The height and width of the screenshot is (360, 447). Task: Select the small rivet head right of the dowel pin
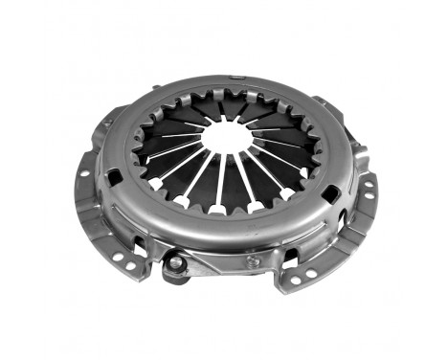point(252,259)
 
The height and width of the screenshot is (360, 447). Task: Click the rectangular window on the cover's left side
point(114,178)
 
